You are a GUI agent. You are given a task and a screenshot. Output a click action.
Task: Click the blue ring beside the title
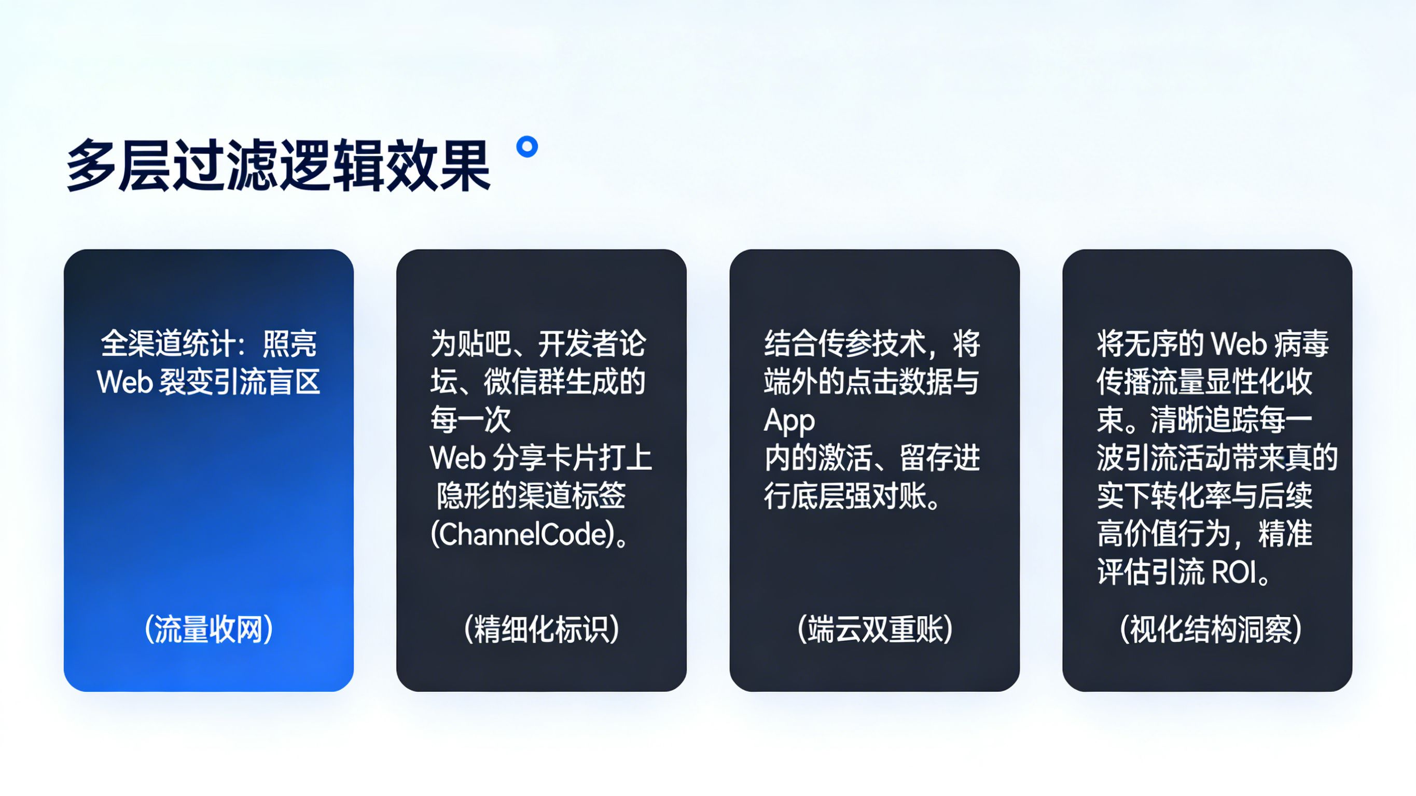pyautogui.click(x=527, y=147)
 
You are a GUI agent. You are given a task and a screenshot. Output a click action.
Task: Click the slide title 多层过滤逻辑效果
pyautogui.click(x=278, y=165)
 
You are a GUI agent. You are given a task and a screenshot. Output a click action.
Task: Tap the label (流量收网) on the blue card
pyautogui.click(x=209, y=630)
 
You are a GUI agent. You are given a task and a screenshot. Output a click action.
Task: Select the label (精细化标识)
pyautogui.click(x=542, y=630)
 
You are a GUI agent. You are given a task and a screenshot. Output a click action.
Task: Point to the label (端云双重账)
pyautogui.click(x=874, y=630)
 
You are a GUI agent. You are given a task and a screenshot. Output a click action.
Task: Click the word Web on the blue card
pyautogui.click(x=124, y=382)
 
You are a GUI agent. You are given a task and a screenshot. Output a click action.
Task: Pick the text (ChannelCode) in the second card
pyautogui.click(x=523, y=534)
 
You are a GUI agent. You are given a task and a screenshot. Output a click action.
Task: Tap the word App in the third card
pyautogui.click(x=789, y=421)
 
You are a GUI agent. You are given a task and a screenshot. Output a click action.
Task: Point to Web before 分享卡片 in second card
pyautogui.click(x=457, y=458)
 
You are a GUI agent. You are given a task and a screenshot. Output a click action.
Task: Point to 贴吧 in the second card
pyautogui.click(x=484, y=344)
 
